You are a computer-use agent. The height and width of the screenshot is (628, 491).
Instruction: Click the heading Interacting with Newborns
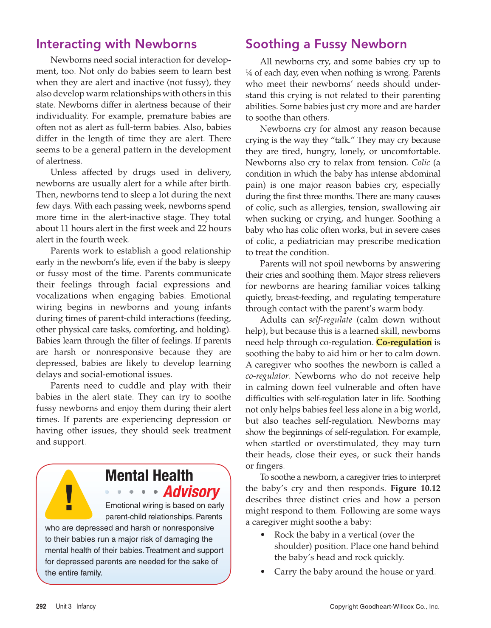(x=116, y=44)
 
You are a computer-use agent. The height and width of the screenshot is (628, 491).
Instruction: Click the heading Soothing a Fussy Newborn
(x=326, y=44)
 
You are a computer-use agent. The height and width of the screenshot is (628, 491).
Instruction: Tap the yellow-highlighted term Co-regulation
(x=404, y=342)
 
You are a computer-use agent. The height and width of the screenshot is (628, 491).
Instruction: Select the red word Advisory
(x=191, y=492)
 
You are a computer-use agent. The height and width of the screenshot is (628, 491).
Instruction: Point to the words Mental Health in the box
(x=149, y=476)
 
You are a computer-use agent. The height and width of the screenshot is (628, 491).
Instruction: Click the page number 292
(x=41, y=606)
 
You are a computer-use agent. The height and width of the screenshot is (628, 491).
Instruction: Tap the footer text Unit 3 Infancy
(x=76, y=606)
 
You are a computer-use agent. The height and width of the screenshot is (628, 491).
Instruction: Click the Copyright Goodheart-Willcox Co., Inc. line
(x=384, y=606)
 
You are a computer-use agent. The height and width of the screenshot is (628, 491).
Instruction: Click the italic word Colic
(x=420, y=163)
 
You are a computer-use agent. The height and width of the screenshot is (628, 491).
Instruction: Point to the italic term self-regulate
(x=330, y=320)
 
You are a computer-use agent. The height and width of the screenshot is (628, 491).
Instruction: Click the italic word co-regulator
(x=267, y=376)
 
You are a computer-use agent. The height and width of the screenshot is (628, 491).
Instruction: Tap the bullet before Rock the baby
(x=263, y=535)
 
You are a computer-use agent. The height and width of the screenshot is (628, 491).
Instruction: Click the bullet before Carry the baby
(x=263, y=572)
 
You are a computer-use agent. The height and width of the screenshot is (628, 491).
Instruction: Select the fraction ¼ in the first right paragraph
(x=248, y=73)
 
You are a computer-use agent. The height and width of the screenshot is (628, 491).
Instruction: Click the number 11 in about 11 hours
(x=65, y=228)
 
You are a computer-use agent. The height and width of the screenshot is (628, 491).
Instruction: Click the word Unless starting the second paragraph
(x=64, y=172)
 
